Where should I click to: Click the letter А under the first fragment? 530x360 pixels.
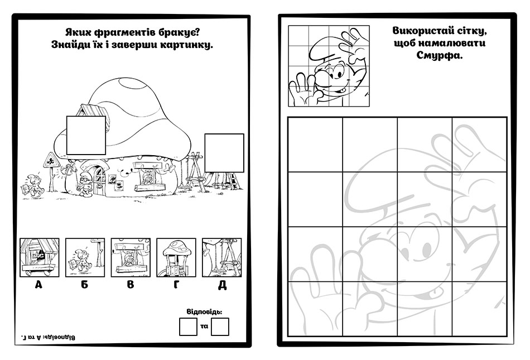[38, 285]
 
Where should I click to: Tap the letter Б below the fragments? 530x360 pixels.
[84, 285]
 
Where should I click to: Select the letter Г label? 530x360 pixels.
[176, 285]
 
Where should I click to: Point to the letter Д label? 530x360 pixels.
[222, 285]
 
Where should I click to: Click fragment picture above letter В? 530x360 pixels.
[131, 257]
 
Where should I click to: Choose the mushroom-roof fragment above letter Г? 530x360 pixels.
[176, 257]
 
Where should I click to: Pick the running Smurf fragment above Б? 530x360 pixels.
[85, 257]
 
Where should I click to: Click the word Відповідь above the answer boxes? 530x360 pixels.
[205, 311]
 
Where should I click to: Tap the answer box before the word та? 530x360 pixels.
[188, 327]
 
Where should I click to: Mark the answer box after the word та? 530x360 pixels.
[220, 327]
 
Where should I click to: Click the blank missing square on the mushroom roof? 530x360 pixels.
[86, 135]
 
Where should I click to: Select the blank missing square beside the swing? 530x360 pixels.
[224, 153]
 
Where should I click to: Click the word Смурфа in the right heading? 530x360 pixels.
[439, 55]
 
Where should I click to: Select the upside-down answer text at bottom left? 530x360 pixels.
[48, 337]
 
